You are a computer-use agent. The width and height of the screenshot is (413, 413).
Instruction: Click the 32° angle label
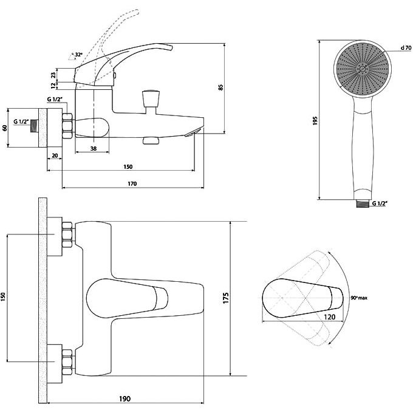(x=78, y=55)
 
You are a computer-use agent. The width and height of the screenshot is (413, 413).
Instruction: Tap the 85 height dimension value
(x=220, y=87)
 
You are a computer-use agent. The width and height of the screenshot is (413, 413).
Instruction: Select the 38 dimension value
(x=94, y=149)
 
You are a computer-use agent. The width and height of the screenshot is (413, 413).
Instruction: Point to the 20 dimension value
(x=55, y=155)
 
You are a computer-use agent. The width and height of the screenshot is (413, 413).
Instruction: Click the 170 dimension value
(x=132, y=183)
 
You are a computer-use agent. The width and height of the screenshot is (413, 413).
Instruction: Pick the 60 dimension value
(x=4, y=128)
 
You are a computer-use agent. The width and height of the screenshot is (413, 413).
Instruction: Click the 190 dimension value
(x=125, y=399)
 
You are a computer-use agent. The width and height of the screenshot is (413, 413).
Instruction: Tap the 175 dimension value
(x=226, y=298)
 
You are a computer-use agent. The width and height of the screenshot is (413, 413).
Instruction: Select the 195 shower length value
(x=315, y=121)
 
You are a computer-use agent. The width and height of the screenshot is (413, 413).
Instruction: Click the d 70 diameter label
(x=406, y=47)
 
